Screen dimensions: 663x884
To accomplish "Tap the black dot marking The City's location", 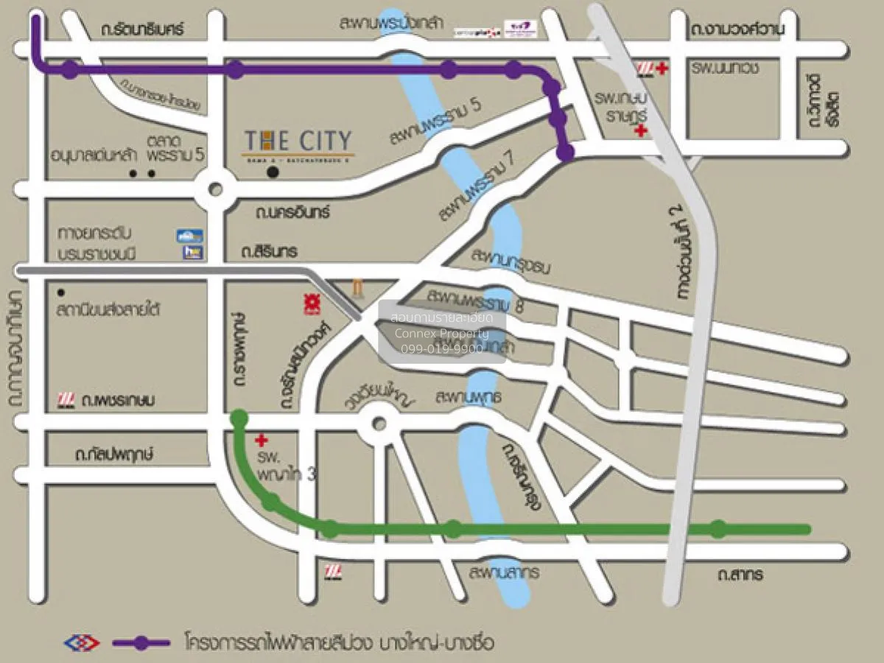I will (273, 172).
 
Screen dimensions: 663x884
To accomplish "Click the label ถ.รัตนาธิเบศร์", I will (142, 29).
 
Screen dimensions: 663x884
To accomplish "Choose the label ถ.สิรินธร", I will (269, 252).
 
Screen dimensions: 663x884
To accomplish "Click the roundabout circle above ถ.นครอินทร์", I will (215, 189).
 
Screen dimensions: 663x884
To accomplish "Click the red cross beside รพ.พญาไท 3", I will (260, 441).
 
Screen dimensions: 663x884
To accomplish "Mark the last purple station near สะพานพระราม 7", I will (565, 152).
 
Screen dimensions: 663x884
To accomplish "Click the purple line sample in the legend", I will (142, 643).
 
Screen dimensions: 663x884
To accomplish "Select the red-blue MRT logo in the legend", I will (82, 643).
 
